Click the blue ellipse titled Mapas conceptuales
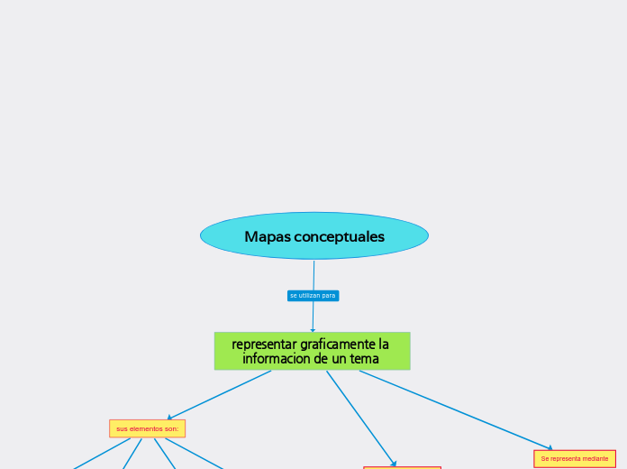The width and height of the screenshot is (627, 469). coord(313,235)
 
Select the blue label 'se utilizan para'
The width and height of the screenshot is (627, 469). coord(313,296)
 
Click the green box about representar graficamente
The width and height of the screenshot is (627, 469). coord(312,351)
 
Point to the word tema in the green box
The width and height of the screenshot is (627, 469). coord(364,359)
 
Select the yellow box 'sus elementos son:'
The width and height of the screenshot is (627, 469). coord(147,428)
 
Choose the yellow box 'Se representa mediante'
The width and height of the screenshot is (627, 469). coord(575,459)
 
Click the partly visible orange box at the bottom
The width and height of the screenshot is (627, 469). coord(402,467)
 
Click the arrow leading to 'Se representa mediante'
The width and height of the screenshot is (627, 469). coord(455,409)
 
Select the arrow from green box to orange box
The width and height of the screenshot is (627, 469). coord(360,418)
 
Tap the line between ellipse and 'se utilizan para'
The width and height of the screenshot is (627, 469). coord(313,275)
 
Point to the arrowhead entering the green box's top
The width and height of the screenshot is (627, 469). coord(313,330)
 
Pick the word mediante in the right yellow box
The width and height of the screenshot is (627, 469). coord(594,459)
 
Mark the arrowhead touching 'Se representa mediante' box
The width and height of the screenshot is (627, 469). coord(550,448)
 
